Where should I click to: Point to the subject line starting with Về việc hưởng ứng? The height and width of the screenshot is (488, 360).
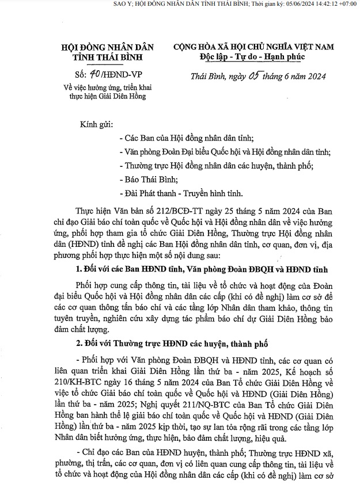(x=105, y=87)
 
